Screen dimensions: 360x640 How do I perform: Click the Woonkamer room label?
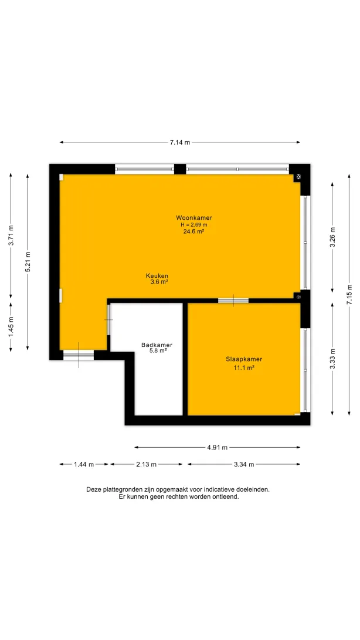[194, 217]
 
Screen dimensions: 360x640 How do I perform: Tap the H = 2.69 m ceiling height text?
[194, 224]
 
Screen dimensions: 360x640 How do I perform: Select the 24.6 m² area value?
[194, 232]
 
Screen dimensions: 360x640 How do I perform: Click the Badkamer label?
[157, 345]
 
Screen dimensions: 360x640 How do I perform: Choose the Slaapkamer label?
[244, 360]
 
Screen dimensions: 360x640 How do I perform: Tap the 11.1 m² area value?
[244, 367]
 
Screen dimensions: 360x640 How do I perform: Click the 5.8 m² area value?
[158, 350]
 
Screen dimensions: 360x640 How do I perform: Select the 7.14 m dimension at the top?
[180, 142]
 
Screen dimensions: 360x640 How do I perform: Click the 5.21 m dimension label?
[28, 261]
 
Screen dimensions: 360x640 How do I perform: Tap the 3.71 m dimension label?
[11, 236]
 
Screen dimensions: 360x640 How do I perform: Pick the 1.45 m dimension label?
[11, 326]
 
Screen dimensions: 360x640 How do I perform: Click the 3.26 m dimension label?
[332, 237]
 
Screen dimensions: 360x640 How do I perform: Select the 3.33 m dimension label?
[332, 359]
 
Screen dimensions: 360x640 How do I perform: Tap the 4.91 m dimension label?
[217, 447]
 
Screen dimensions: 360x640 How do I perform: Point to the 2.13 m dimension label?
[147, 464]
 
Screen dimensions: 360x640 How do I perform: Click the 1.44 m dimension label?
[84, 464]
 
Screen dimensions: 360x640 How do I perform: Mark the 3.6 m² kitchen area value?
[159, 282]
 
